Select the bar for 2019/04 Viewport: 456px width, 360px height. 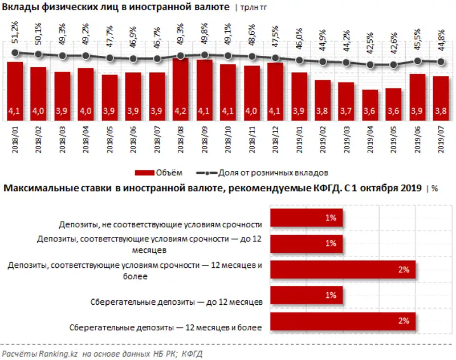pyautogui.click(x=369, y=103)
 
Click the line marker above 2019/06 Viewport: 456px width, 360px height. pyautogui.click(x=417, y=61)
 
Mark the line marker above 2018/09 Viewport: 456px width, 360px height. pyautogui.click(x=204, y=55)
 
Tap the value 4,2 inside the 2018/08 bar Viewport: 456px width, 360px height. pyautogui.click(x=180, y=112)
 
